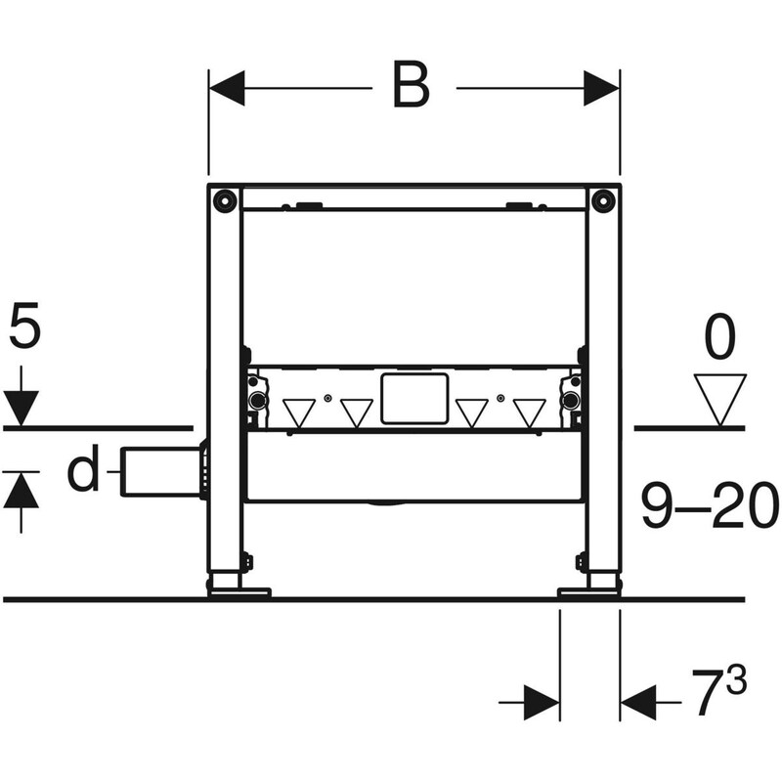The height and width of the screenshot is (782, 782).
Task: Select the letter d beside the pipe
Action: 84,472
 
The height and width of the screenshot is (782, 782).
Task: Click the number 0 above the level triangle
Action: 718,341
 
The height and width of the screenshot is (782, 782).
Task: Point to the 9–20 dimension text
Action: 710,508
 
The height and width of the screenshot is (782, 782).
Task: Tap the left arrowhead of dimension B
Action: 228,88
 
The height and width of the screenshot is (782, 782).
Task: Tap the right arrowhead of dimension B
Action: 602,88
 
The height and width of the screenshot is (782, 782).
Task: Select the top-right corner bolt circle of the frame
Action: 604,202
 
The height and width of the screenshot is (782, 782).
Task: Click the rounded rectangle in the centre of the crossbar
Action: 414,399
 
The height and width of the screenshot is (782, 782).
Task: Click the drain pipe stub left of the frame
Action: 161,471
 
